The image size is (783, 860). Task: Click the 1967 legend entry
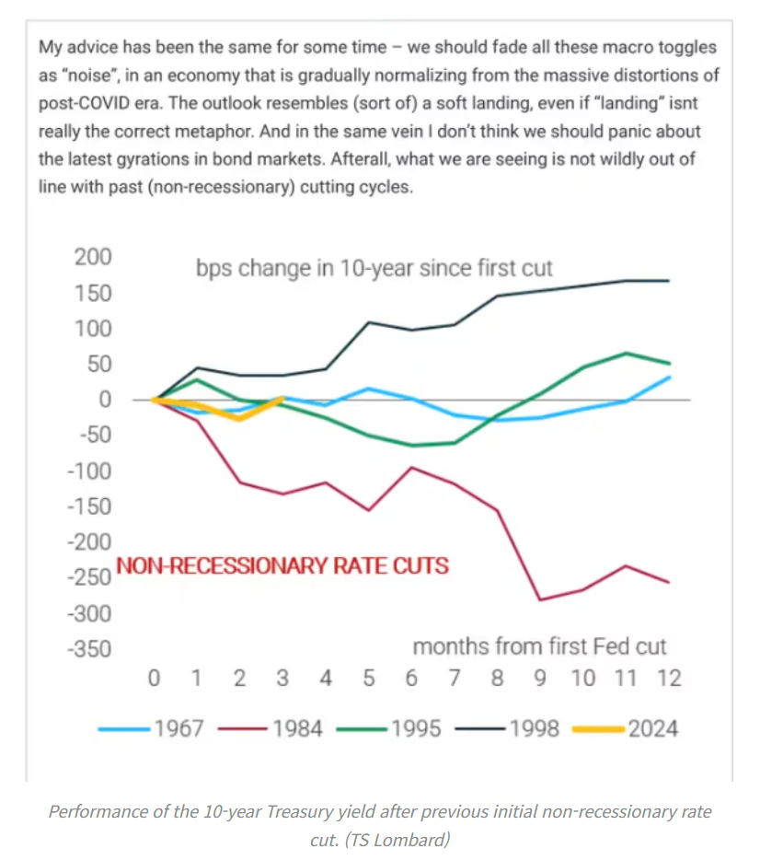(x=156, y=729)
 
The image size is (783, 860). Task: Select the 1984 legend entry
(x=271, y=729)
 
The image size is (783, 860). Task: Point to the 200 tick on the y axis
(x=92, y=257)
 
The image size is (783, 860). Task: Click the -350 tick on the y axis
(x=90, y=649)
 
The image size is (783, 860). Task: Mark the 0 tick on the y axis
(x=105, y=400)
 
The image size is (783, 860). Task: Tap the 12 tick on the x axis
(x=669, y=680)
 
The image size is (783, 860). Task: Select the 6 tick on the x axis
(x=411, y=680)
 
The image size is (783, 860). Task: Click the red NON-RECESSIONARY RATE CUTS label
(x=282, y=565)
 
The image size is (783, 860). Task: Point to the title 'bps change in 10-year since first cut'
(x=374, y=269)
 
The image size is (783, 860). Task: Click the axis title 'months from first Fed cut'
(x=539, y=646)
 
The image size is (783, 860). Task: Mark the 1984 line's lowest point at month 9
(x=540, y=600)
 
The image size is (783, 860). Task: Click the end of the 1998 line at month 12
(x=669, y=280)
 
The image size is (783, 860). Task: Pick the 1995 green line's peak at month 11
(x=627, y=353)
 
